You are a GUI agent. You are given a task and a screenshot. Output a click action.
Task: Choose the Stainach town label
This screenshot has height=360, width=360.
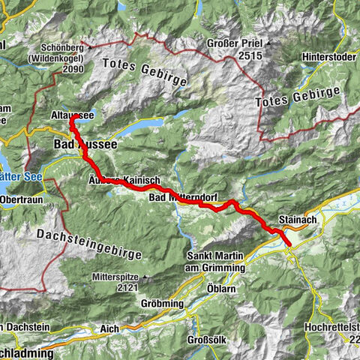[x=293, y=220]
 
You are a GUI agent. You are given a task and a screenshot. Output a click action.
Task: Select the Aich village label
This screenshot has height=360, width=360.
[x=109, y=328]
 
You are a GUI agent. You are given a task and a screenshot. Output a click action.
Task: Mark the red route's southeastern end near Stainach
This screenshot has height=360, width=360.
[x=289, y=244]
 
